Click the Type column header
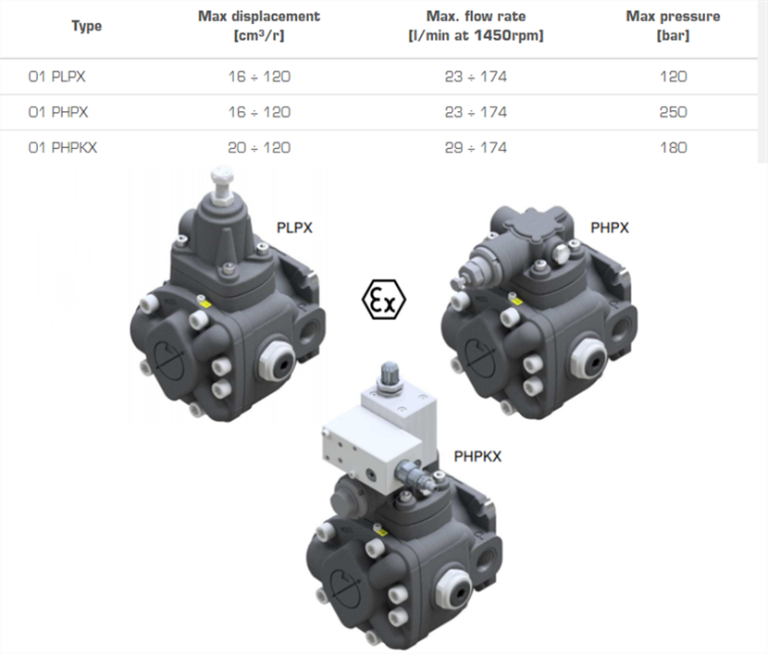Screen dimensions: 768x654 pyautogui.click(x=87, y=26)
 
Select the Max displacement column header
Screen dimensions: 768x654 pyautogui.click(x=259, y=26)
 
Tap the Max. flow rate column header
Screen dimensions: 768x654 pyautogui.click(x=477, y=26)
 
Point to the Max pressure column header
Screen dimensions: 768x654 pyautogui.click(x=673, y=26)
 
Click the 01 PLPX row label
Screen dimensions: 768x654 pyautogui.click(x=56, y=77)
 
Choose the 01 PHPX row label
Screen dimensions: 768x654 pyautogui.click(x=58, y=113)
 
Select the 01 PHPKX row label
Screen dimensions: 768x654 pyautogui.click(x=63, y=148)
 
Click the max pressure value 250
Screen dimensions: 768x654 pyautogui.click(x=673, y=113)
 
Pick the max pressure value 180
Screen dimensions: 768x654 pyautogui.click(x=673, y=148)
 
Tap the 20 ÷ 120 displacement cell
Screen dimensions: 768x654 pyautogui.click(x=259, y=148)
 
